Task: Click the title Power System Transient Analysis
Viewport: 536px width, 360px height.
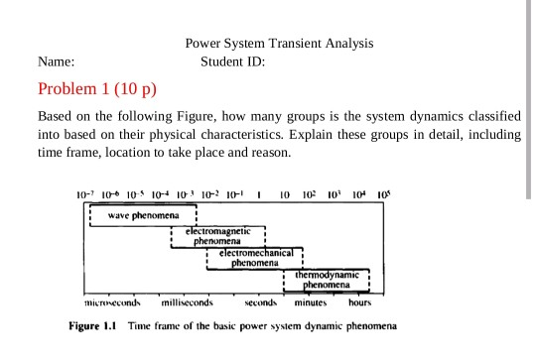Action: pyautogui.click(x=281, y=45)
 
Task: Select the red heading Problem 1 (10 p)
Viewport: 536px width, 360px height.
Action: pyautogui.click(x=97, y=89)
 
